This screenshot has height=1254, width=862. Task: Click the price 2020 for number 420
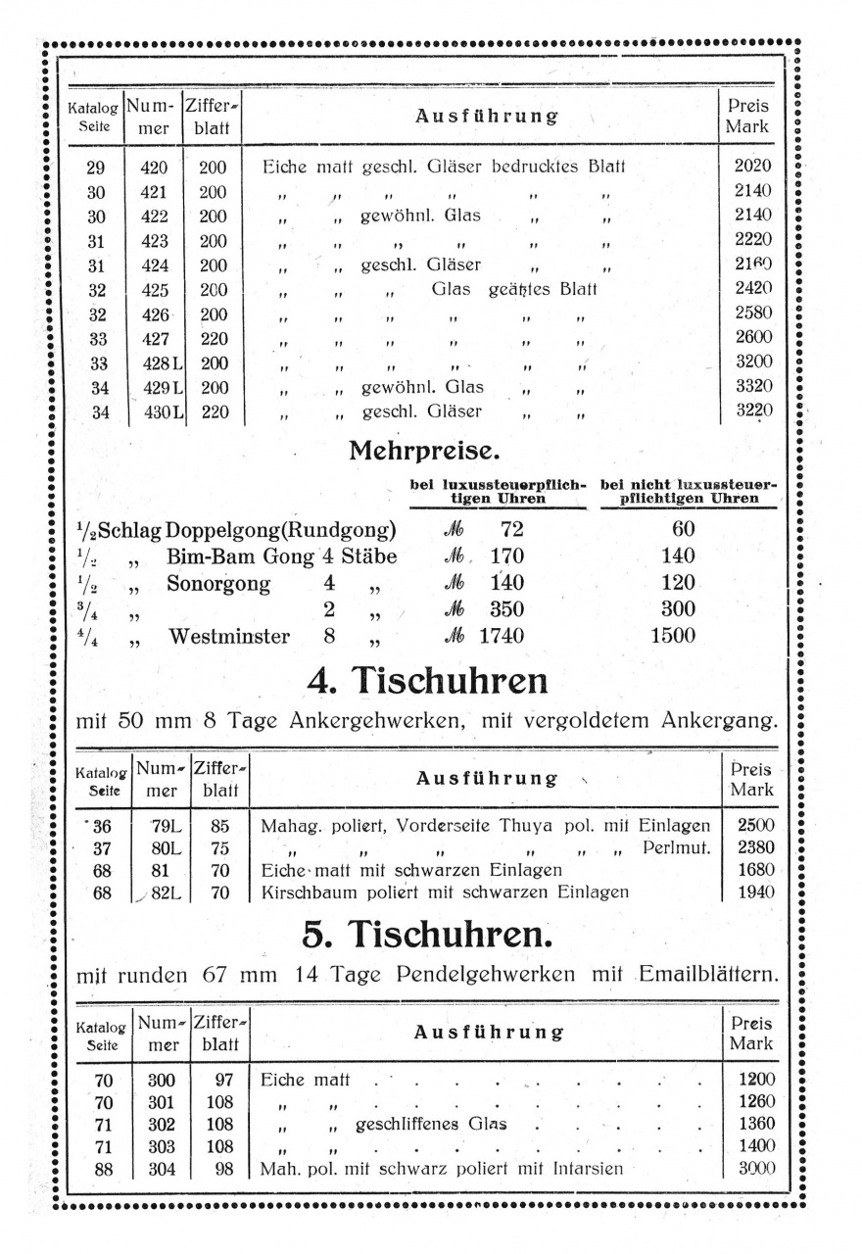[752, 167]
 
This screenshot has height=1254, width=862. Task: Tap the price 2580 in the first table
[752, 313]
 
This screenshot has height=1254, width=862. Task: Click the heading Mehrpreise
[424, 453]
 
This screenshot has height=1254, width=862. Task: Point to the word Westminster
[229, 637]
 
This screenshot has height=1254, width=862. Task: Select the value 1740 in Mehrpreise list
[502, 637]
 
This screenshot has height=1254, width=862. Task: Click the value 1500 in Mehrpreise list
[673, 637]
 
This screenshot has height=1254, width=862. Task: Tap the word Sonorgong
[218, 585]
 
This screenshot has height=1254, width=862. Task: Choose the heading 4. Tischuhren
[426, 680]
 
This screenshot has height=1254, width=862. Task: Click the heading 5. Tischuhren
[428, 936]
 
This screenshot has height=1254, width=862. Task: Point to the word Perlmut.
[677, 847]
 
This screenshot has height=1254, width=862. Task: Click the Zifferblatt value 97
[220, 1081]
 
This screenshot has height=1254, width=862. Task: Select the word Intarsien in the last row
[586, 1169]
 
